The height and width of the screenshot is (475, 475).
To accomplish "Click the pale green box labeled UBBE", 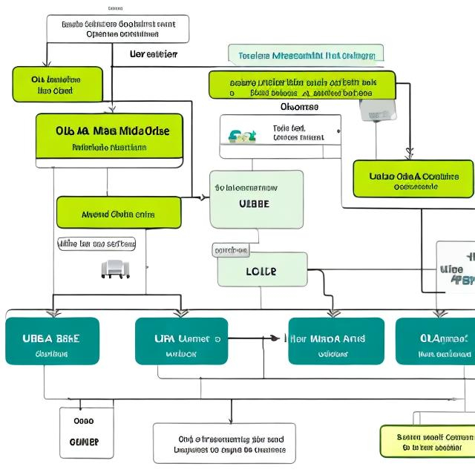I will [x=256, y=199].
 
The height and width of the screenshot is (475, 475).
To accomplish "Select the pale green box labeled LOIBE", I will [x=262, y=270].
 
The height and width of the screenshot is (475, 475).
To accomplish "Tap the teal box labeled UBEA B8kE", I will [x=52, y=341].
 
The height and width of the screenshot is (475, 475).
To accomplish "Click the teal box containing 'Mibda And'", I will [x=336, y=341].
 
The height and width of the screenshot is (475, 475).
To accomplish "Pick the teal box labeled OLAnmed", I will [x=436, y=341].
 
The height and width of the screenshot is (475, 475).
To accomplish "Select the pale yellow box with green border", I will [x=427, y=441].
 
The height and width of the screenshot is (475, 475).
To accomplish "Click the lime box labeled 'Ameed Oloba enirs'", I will [x=119, y=213].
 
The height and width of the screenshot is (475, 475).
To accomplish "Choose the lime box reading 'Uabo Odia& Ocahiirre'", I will [x=413, y=179].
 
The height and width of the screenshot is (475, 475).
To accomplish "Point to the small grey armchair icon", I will [x=115, y=269].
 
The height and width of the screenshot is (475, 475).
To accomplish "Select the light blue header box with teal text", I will [x=306, y=55].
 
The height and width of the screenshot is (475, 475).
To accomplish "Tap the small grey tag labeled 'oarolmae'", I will [x=231, y=251].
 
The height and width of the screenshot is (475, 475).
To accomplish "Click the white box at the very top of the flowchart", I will [x=118, y=29].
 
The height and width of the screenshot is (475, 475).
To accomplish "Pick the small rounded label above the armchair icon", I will [x=97, y=243].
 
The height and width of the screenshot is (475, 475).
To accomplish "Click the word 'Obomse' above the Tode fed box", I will [x=301, y=107].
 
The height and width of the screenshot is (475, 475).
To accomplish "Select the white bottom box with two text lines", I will [x=224, y=443].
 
